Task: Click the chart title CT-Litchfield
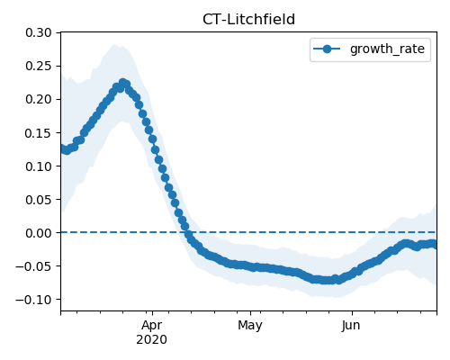248,20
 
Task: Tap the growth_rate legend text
387,49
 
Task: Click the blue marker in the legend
327,49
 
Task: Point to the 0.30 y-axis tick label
39,32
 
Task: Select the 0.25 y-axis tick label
39,66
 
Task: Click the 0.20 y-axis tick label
39,99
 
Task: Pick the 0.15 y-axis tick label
39,133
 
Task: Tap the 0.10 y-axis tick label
39,166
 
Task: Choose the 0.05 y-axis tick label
39,200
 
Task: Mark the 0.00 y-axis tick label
39,233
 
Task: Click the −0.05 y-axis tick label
33,266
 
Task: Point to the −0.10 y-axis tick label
33,300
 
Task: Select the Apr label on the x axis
152,326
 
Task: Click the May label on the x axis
250,326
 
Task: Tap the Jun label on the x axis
351,326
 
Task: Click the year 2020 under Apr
152,340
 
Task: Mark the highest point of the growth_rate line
122,82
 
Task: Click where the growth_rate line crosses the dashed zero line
188,232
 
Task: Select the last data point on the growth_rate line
434,245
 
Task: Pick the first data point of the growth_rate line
63,148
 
